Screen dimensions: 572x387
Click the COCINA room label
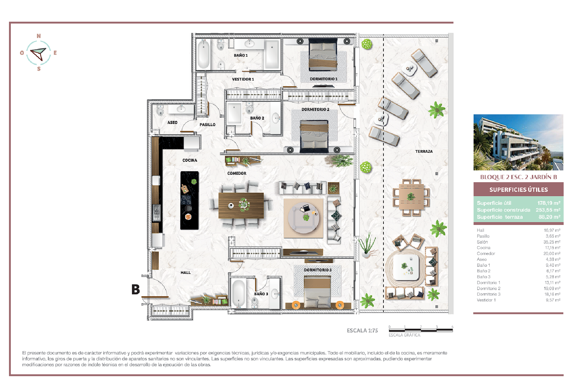coord(190,160)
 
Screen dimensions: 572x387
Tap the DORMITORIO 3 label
coord(318,270)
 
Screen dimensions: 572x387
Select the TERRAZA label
coord(424,152)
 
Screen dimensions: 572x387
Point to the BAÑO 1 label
coord(241,55)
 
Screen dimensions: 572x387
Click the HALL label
coord(186,273)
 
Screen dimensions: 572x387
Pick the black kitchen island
coord(189,200)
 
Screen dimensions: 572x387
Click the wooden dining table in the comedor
coord(241,205)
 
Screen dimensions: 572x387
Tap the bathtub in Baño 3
coord(239,293)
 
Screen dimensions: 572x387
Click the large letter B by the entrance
coord(136,289)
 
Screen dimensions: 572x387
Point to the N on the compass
coord(39,36)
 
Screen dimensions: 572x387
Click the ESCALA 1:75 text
coord(362,331)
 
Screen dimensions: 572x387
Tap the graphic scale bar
coord(421,330)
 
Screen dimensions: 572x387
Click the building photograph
coord(518,142)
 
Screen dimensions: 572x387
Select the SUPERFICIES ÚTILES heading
coord(518,190)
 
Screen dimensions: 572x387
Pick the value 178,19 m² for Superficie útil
coord(549,203)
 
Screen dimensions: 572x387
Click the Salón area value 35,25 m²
coord(552,242)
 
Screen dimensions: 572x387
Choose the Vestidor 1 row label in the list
coord(486,300)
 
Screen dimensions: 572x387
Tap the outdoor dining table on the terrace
coord(411,197)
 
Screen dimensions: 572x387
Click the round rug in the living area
coord(303,218)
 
